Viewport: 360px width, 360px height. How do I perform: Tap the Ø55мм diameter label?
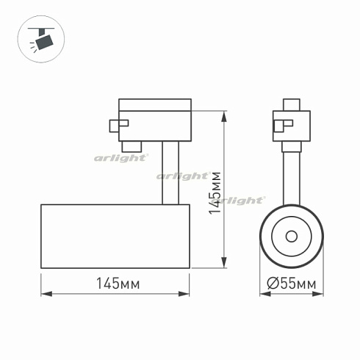292,282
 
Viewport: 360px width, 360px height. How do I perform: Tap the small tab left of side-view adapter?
115,126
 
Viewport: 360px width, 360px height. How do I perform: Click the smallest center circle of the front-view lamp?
292,236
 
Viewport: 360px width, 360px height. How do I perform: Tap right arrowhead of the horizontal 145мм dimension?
188,295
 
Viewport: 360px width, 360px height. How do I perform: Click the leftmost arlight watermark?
120,156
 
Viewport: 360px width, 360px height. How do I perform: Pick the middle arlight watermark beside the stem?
183,176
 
